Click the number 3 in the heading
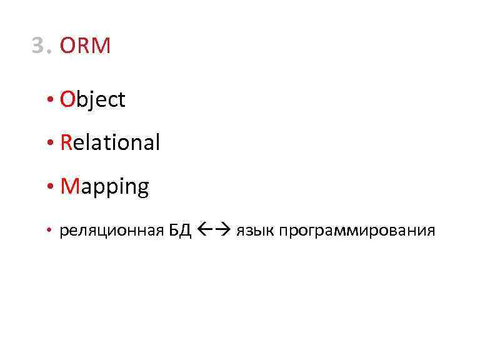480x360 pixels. point(39,46)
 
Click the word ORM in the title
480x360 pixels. point(86,46)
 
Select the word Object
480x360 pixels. point(92,100)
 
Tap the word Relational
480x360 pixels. point(110,143)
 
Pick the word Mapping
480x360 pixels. point(104,187)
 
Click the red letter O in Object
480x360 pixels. point(67,99)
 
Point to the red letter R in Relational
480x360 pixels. point(66,143)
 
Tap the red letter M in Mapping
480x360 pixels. point(69,186)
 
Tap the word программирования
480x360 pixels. point(357,232)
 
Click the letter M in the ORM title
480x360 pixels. point(101,46)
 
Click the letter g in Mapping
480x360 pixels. point(141,189)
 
